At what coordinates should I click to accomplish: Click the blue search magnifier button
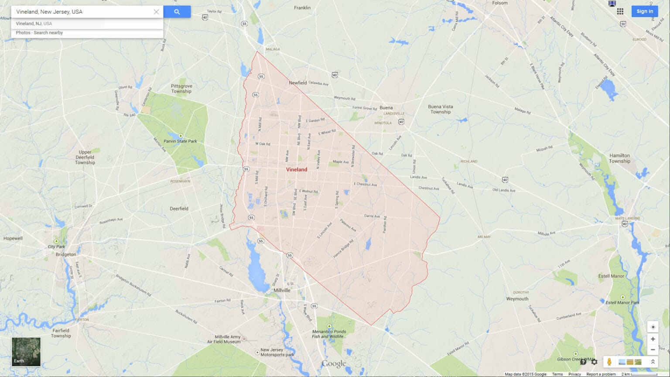coord(177,12)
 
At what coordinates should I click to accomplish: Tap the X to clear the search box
coord(156,12)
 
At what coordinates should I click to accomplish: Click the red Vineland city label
coord(297,169)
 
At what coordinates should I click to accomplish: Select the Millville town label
coord(282,290)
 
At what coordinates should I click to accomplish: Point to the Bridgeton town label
coord(66,254)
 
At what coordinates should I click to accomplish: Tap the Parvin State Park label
coord(180,141)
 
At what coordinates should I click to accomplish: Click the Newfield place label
coord(298,83)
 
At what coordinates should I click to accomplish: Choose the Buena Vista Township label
coord(441,109)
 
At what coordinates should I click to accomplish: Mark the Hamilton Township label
coord(619,158)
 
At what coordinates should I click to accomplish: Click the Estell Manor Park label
coord(622,302)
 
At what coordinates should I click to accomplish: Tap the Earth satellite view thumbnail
coord(26,352)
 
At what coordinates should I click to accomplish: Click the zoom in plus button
coord(653,339)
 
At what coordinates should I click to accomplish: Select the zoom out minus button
coord(653,350)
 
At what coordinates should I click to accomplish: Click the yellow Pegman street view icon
coord(609,362)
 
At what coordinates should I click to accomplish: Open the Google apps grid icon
coord(620,11)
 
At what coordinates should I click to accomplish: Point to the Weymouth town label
coord(517,299)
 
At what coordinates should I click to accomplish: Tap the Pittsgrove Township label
coord(181,89)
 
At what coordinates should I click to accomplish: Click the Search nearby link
coord(48,33)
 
